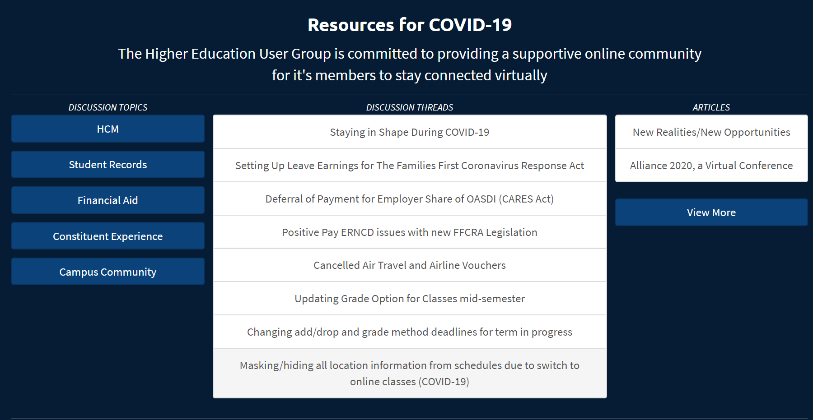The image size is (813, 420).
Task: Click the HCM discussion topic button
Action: [x=108, y=129]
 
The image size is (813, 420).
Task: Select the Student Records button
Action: [x=108, y=165]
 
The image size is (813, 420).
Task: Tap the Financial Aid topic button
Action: [x=108, y=200]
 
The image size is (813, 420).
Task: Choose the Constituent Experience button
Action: [x=108, y=236]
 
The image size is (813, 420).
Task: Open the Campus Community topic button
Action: [x=108, y=272]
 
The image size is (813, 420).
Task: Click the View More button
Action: [x=711, y=212]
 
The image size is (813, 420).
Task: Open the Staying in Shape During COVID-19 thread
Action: [x=410, y=132]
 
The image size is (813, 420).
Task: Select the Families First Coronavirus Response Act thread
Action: [x=410, y=166]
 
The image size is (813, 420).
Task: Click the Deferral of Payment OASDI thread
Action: [x=410, y=199]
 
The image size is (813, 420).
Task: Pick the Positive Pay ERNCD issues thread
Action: [x=410, y=232]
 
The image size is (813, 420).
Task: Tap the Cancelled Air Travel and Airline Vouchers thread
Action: [x=410, y=265]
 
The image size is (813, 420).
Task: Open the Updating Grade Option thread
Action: [x=410, y=299]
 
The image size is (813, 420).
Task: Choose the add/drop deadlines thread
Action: [x=410, y=332]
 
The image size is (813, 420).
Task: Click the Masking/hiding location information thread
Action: [x=410, y=374]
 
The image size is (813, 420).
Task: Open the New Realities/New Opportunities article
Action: [x=711, y=132]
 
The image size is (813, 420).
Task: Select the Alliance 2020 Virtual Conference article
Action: [x=711, y=166]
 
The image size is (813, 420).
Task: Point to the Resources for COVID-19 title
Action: [x=410, y=25]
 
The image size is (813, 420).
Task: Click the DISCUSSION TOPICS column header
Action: [x=108, y=107]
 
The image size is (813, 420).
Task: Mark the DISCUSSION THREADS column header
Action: [x=410, y=107]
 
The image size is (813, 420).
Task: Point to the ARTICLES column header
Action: [x=711, y=107]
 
